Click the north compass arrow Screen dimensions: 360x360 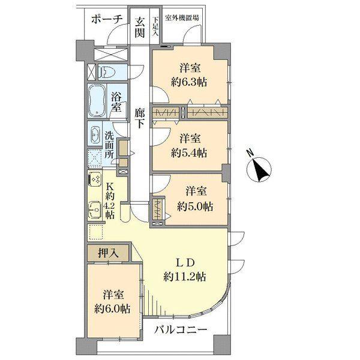[x=262, y=170]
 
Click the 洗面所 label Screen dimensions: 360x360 [x=110, y=143]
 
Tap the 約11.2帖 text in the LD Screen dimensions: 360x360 [x=185, y=277]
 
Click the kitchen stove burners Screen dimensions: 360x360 [x=95, y=180]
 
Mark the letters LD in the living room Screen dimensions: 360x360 [x=185, y=262]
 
